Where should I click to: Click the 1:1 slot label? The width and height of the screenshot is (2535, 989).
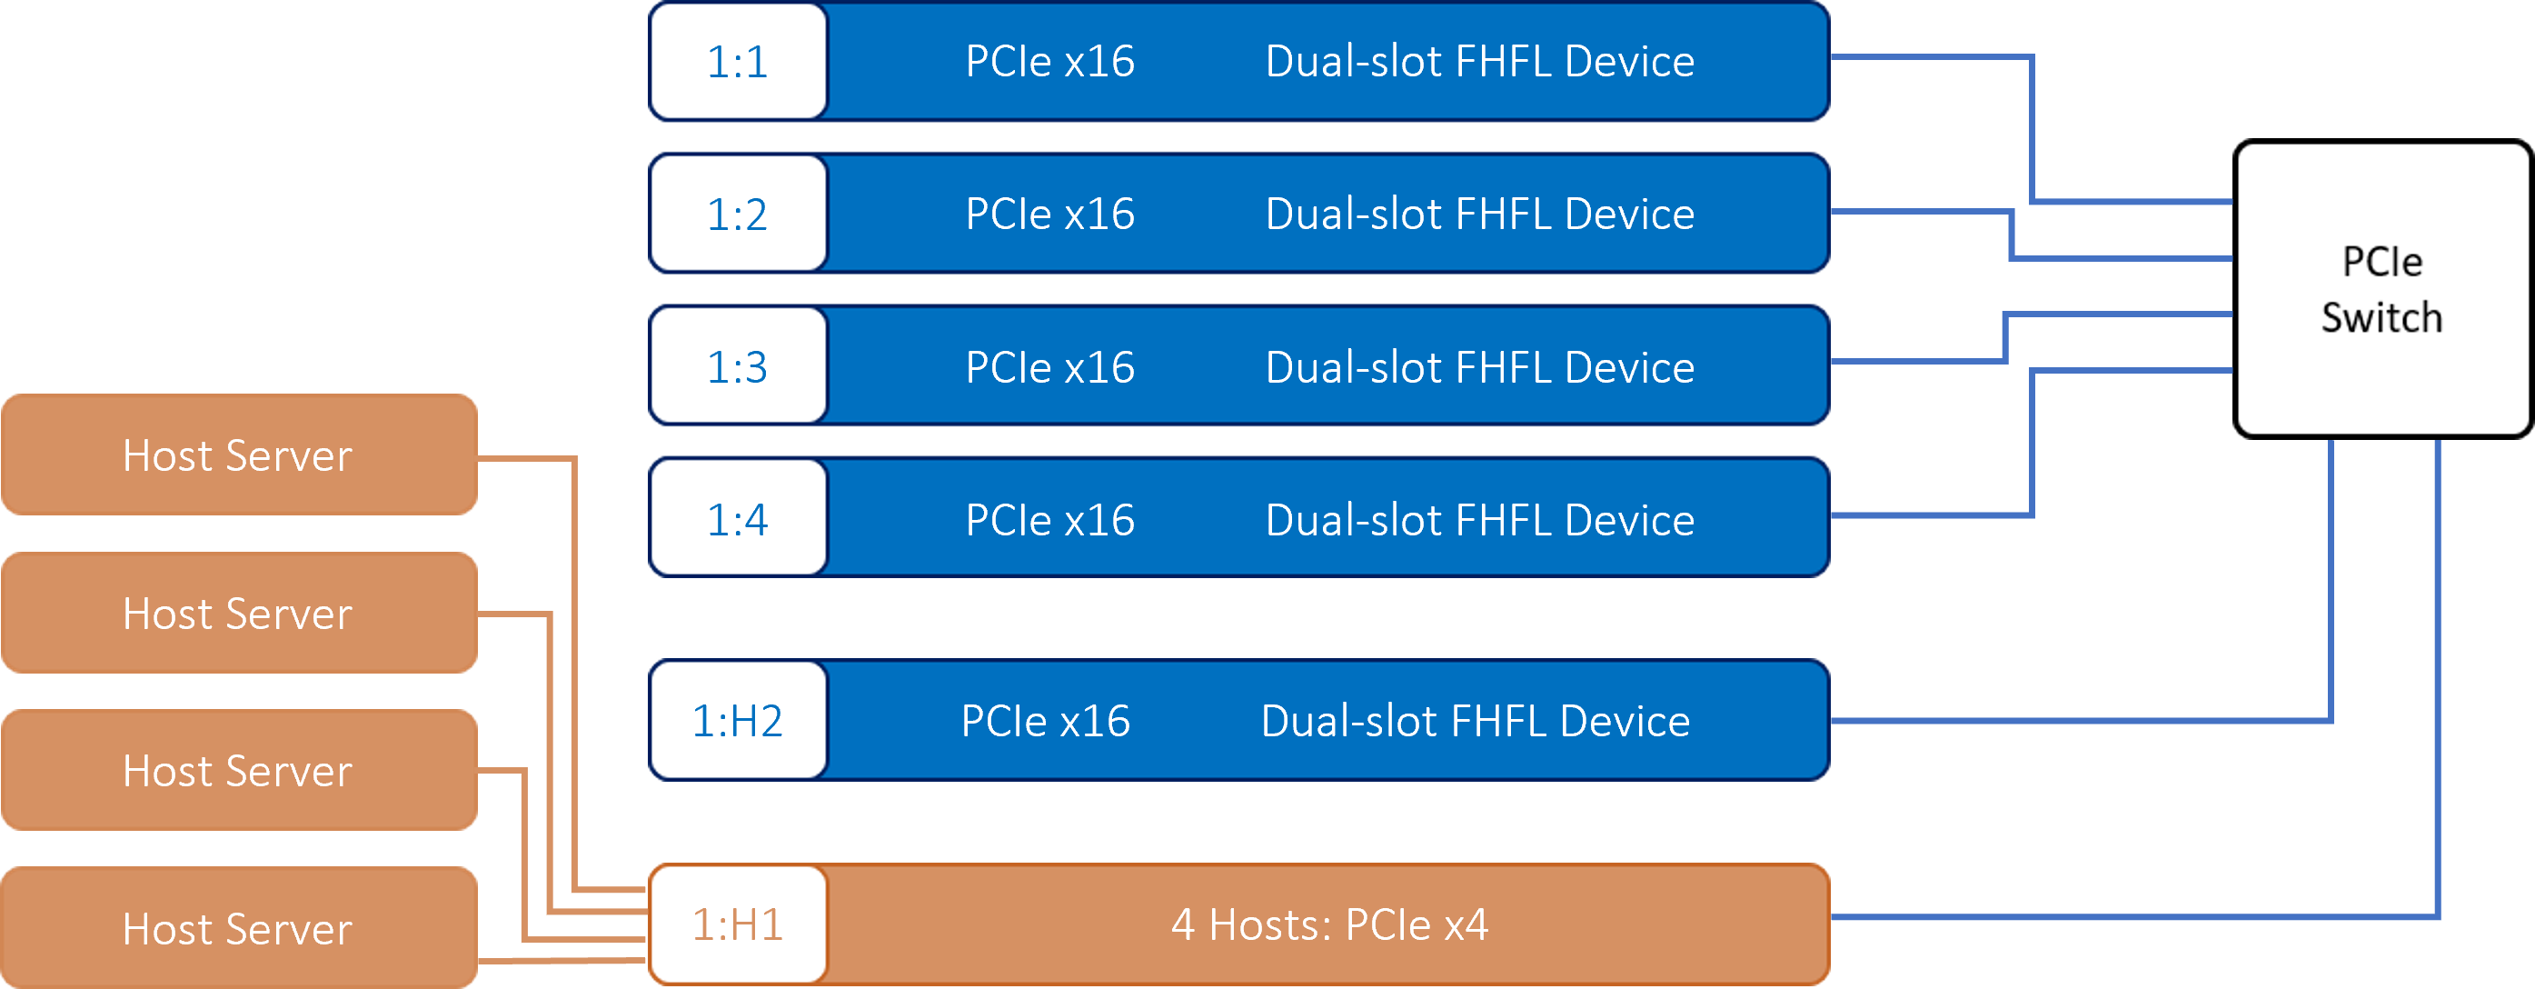[x=737, y=62]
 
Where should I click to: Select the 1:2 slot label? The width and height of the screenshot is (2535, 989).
[x=737, y=215]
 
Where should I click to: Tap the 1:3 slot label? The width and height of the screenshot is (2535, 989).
[x=737, y=367]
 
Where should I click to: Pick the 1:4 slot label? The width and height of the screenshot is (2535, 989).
[x=737, y=520]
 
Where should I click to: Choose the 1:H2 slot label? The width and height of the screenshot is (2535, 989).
[x=737, y=722]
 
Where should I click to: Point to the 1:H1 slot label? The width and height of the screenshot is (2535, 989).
[x=737, y=925]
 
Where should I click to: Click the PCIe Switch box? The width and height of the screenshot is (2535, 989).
[x=2382, y=289]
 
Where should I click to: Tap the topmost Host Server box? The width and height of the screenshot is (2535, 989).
[x=239, y=455]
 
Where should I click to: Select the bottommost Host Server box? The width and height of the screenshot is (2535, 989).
[x=239, y=928]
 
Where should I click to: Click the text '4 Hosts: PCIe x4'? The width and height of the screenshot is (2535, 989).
[x=1329, y=925]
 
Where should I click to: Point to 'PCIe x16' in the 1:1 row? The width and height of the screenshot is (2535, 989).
[x=1050, y=62]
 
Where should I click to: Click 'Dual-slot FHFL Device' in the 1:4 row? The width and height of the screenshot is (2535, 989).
[x=1480, y=520]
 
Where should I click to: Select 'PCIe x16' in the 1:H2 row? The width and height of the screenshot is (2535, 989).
[x=1045, y=722]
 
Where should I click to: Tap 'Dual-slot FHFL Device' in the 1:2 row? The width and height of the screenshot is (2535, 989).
[x=1480, y=215]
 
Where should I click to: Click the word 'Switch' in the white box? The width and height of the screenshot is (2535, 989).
[x=2381, y=318]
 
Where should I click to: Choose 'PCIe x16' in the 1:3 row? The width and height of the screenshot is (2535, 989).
[x=1050, y=367]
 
